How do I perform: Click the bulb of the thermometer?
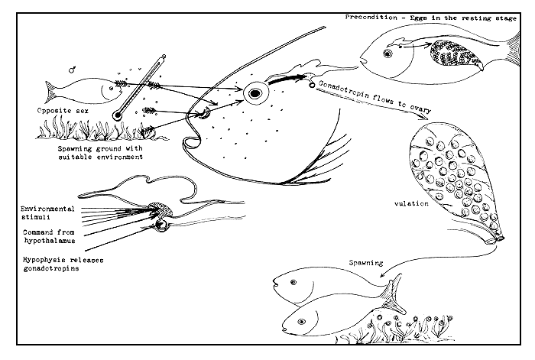click(x=117, y=115)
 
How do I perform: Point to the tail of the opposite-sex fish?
click(x=50, y=92)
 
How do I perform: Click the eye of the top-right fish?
click(x=387, y=54)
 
